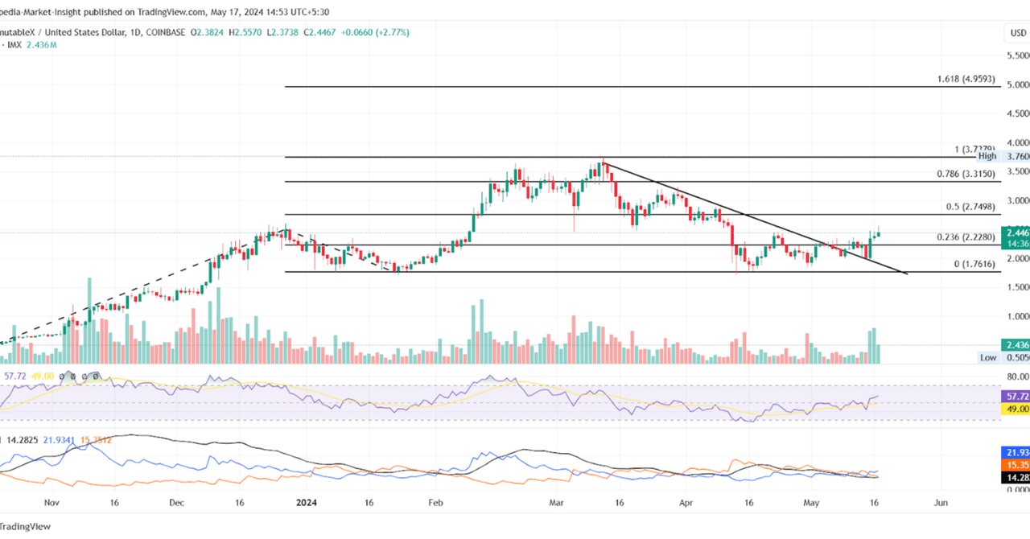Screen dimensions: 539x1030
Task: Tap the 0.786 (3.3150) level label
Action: point(966,174)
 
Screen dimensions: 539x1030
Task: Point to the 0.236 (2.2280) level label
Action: point(966,237)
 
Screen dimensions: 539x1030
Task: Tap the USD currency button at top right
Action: point(1017,33)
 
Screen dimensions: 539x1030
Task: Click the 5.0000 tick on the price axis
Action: point(1017,84)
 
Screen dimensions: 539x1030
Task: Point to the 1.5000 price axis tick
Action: point(1017,287)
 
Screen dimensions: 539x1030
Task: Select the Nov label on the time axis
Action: point(51,502)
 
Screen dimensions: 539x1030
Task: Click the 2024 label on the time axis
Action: point(306,502)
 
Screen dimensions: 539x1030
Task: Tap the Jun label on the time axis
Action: point(940,502)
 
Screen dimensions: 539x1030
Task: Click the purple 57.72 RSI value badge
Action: point(1017,397)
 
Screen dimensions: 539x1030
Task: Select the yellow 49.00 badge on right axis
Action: point(1017,409)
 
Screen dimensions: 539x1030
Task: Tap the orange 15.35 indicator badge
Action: point(1017,465)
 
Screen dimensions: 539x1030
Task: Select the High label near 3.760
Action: point(987,157)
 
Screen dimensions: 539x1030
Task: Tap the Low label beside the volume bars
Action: point(988,357)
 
